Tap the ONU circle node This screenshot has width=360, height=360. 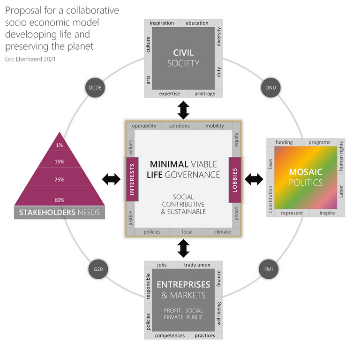coord(270,88)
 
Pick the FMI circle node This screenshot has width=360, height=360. coord(269,270)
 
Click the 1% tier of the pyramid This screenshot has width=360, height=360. coord(60,145)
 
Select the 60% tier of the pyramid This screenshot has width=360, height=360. coord(60,200)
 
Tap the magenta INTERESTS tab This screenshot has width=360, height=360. coord(132,179)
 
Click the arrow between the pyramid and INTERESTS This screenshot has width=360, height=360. coord(111,179)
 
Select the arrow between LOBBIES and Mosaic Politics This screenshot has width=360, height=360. coord(254,178)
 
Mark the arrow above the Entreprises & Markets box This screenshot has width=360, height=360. coord(183,248)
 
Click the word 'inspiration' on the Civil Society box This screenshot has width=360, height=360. coord(162,23)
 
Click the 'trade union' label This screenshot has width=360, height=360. coord(197,265)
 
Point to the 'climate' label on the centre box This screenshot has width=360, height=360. coord(223,232)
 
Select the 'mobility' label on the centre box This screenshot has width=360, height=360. coord(215,126)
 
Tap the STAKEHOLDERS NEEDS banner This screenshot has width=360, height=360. coord(60,213)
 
